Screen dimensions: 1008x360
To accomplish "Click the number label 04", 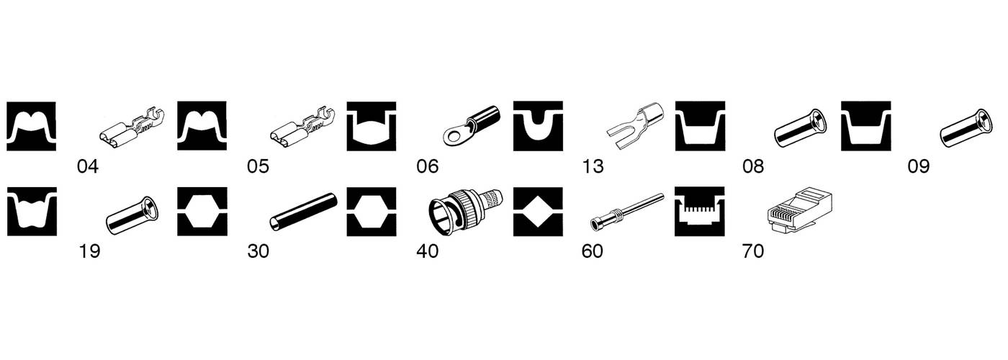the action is (x=88, y=166).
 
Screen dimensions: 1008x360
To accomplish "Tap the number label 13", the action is (x=593, y=166).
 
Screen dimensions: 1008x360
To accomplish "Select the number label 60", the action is (x=592, y=251).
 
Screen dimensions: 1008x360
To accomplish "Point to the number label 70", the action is (x=753, y=251).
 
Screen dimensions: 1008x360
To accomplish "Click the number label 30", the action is (x=258, y=251).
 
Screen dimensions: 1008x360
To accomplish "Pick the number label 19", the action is (x=89, y=251).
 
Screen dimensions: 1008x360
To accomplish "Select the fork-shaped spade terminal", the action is (x=635, y=125).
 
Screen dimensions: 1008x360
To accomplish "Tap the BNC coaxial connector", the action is (x=466, y=212).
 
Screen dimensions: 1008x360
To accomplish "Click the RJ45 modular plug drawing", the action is (x=799, y=212).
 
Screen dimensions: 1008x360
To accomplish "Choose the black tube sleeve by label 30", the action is (x=303, y=212).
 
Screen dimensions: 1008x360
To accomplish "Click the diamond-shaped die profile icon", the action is (x=538, y=212).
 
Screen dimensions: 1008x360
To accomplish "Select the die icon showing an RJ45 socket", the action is (x=700, y=212).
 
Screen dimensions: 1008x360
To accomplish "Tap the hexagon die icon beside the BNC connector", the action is (x=372, y=212).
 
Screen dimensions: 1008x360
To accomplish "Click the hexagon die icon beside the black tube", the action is (x=202, y=212).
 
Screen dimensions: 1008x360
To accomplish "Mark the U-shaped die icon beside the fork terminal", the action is (x=538, y=126).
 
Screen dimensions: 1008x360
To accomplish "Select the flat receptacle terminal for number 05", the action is (x=302, y=127).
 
